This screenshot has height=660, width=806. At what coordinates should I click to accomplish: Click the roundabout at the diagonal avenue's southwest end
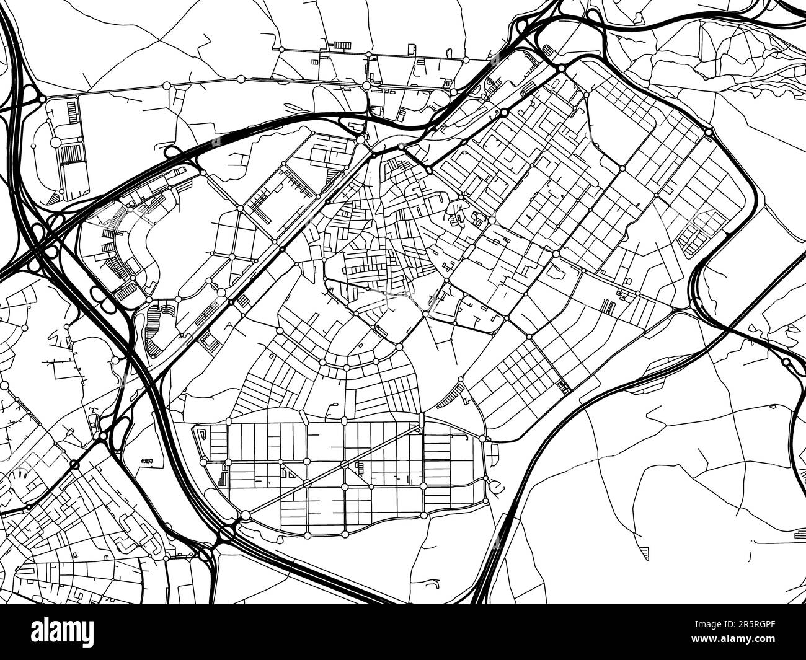(x=246, y=515)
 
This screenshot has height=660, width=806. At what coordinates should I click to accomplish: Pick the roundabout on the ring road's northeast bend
(x=709, y=132)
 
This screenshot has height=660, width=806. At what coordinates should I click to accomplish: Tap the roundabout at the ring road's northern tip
(x=561, y=68)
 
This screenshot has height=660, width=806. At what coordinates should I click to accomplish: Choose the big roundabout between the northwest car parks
(x=55, y=143)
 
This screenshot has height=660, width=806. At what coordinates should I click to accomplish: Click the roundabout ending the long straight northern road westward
(x=166, y=85)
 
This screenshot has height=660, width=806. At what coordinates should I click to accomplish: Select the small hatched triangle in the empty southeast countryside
(x=644, y=553)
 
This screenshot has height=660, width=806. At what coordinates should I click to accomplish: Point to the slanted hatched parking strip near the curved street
(x=450, y=395)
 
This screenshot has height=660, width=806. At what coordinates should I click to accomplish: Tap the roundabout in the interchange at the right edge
(x=786, y=361)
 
